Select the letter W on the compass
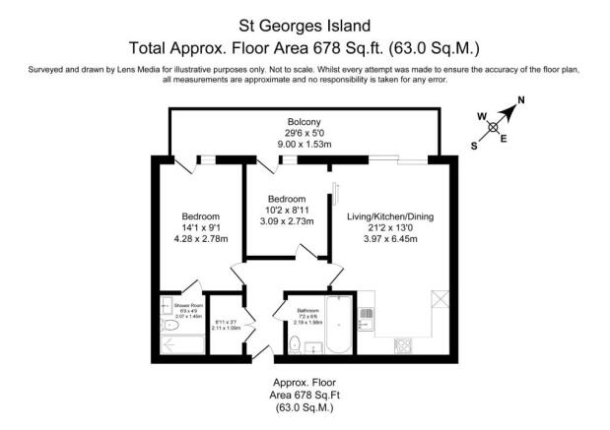tap(483, 117)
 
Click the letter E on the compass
tap(504, 138)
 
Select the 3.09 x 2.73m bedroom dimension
tap(287, 221)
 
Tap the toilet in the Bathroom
tap(297, 343)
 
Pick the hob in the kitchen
tap(403, 344)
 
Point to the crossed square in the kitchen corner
tap(439, 301)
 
